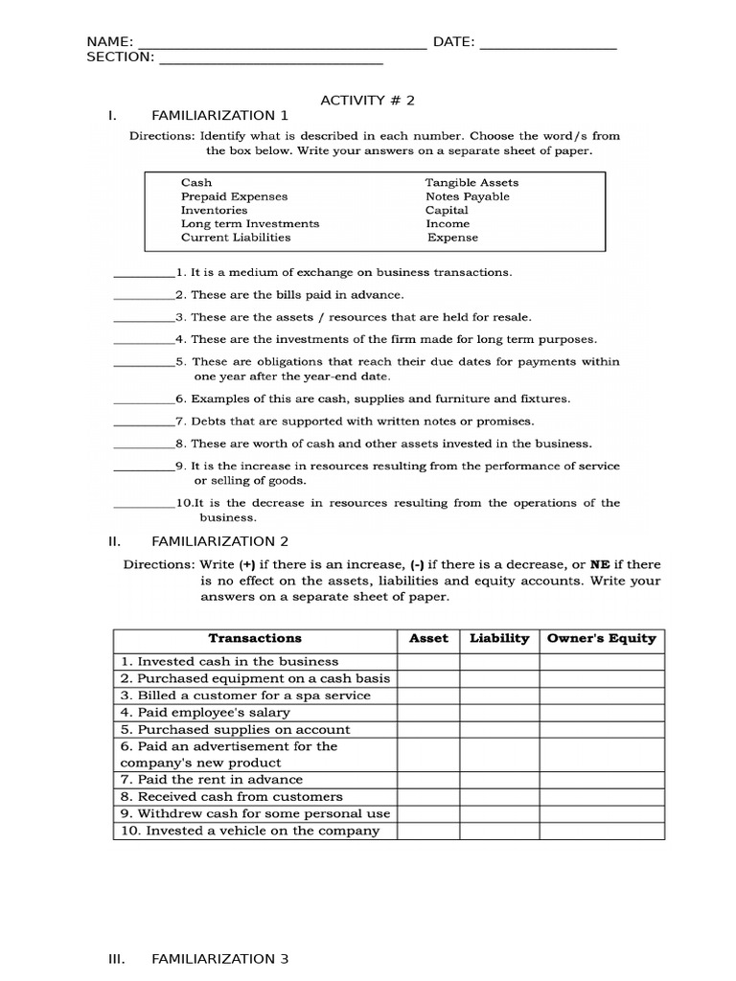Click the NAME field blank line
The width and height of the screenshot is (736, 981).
pyautogui.click(x=282, y=44)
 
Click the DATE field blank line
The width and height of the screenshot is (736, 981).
pyautogui.click(x=547, y=44)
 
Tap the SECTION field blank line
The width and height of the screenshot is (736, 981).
pyautogui.click(x=270, y=59)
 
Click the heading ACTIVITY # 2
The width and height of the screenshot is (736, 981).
pyautogui.click(x=367, y=99)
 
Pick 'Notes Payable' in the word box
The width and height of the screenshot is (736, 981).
pyautogui.click(x=468, y=196)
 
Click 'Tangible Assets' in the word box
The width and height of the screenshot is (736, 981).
pyautogui.click(x=471, y=182)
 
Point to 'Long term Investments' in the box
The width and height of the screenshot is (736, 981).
pyautogui.click(x=250, y=223)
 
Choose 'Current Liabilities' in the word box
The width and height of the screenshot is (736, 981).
pyautogui.click(x=236, y=238)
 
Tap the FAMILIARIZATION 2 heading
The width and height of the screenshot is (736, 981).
pyautogui.click(x=219, y=541)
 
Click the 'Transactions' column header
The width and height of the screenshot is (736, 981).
pyautogui.click(x=255, y=638)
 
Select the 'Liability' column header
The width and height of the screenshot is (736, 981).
pyautogui.click(x=499, y=638)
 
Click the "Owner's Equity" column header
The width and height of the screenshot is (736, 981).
pyautogui.click(x=601, y=638)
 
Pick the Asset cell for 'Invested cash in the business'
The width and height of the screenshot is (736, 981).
pyautogui.click(x=428, y=661)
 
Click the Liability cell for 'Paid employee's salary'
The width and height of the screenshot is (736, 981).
pyautogui.click(x=499, y=713)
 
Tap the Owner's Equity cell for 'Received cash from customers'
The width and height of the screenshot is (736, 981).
pyautogui.click(x=601, y=796)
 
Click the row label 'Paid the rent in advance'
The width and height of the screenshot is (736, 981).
pyautogui.click(x=211, y=780)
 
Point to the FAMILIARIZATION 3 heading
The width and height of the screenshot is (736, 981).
pyautogui.click(x=219, y=958)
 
